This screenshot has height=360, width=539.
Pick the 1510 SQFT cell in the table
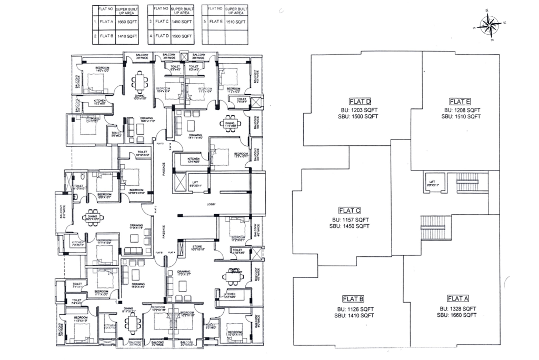(235, 22)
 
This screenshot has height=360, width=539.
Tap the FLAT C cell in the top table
(161, 22)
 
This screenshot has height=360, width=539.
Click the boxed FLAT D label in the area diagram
(360, 101)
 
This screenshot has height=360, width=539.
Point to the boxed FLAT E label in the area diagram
(460, 101)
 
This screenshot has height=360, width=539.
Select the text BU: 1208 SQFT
(461, 110)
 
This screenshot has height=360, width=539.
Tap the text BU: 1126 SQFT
(353, 309)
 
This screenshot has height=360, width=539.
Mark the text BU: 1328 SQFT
(456, 308)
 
